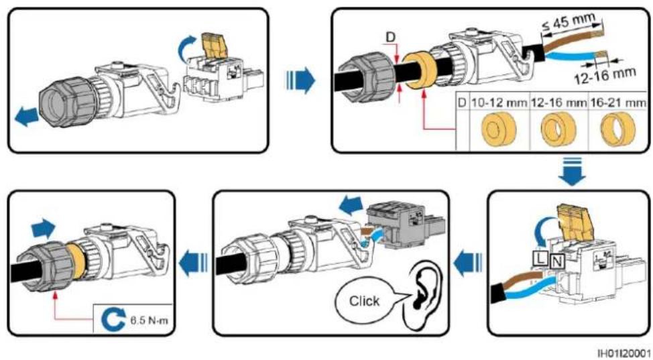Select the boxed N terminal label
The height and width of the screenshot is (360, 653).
pyautogui.click(x=556, y=261)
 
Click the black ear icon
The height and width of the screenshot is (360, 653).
pyautogui.click(x=424, y=290)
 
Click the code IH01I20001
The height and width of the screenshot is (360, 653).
pyautogui.click(x=626, y=352)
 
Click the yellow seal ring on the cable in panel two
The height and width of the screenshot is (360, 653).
pyautogui.click(x=418, y=71)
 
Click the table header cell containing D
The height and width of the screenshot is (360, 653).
pyautogui.click(x=463, y=102)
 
